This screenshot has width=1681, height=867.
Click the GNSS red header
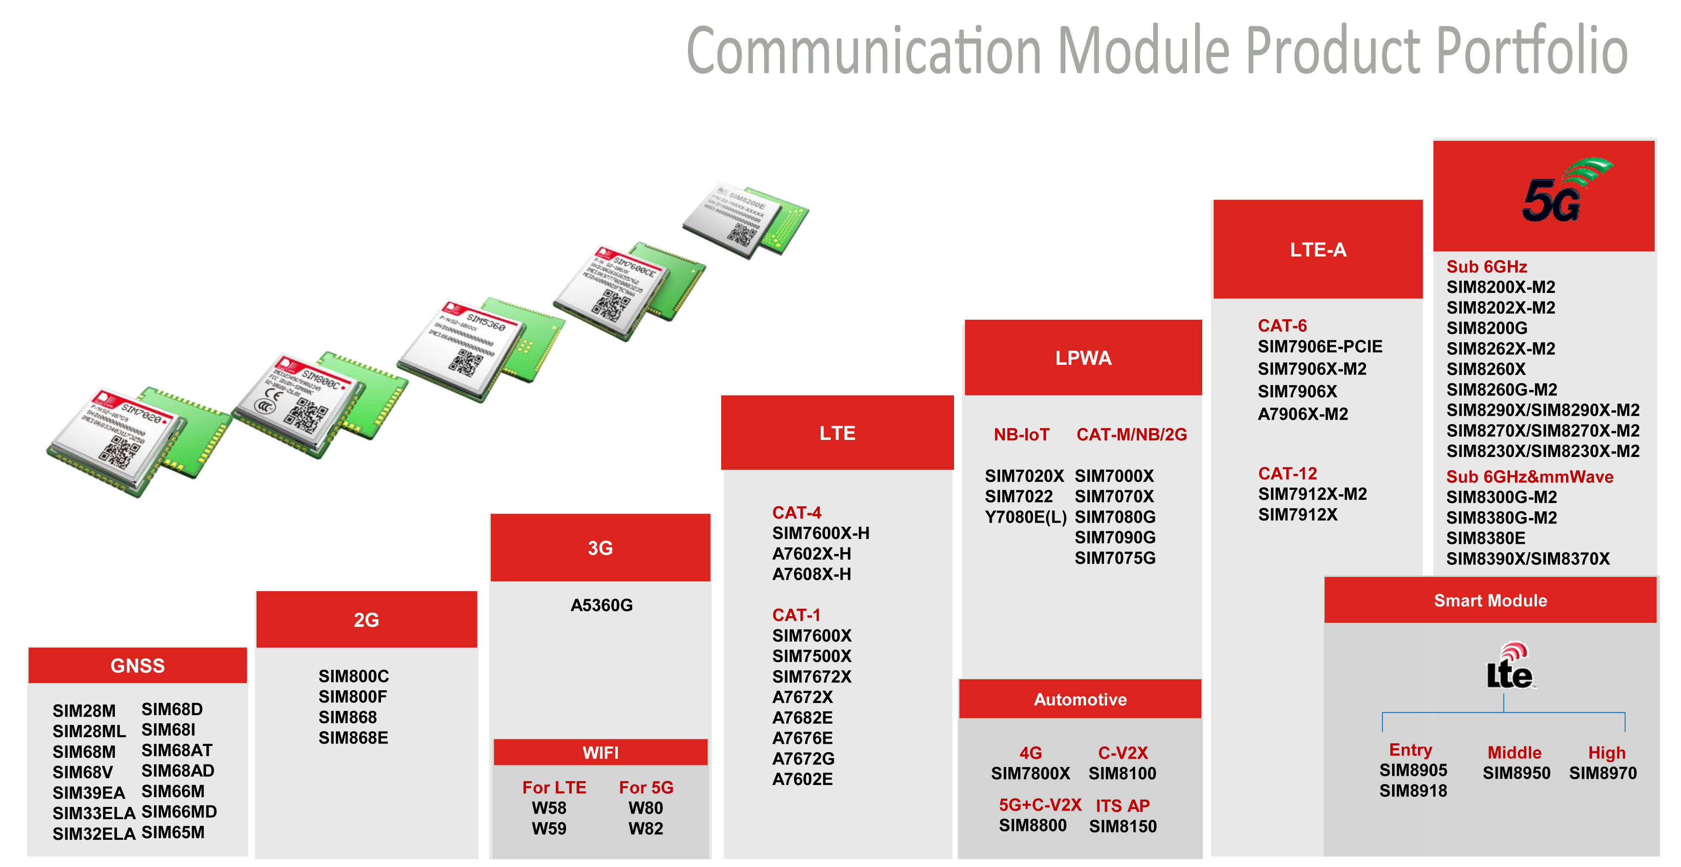pyautogui.click(x=137, y=665)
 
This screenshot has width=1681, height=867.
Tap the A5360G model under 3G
pyautogui.click(x=601, y=605)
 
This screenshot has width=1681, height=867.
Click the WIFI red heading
pyautogui.click(x=600, y=753)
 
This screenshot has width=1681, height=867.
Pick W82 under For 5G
pyautogui.click(x=645, y=828)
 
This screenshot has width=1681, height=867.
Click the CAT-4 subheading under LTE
pyautogui.click(x=796, y=513)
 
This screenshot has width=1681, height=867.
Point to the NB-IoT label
pyautogui.click(x=1021, y=434)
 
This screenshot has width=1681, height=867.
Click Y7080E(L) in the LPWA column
pyautogui.click(x=1025, y=517)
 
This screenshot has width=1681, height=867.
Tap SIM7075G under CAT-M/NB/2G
pyautogui.click(x=1115, y=558)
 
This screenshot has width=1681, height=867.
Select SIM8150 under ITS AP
pyautogui.click(x=1122, y=827)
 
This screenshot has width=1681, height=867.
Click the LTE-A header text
pyautogui.click(x=1318, y=250)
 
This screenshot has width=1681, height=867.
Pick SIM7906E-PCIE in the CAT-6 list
pyautogui.click(x=1319, y=347)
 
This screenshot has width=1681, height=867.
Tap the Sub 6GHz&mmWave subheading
pyautogui.click(x=1529, y=477)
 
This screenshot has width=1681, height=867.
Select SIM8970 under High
pyautogui.click(x=1603, y=773)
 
